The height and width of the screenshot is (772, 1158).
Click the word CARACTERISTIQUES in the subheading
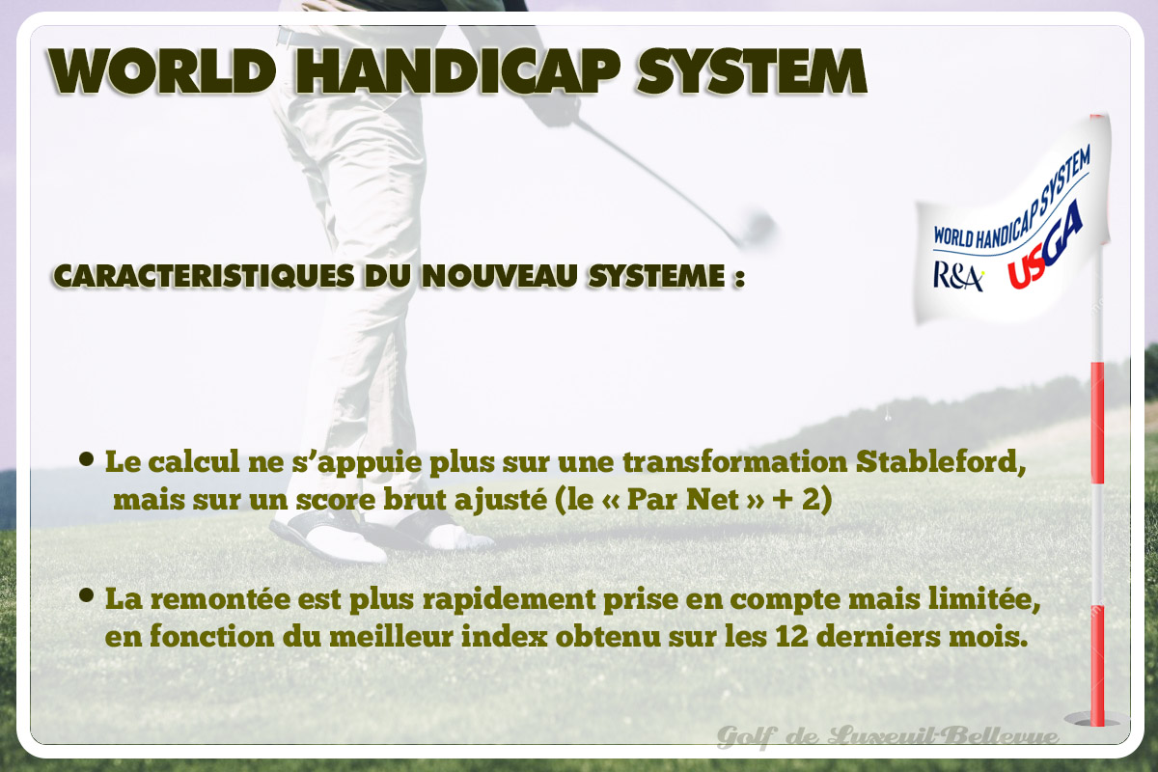(204, 276)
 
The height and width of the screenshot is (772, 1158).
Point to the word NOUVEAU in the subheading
(499, 276)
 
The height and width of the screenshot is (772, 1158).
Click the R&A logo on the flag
(957, 277)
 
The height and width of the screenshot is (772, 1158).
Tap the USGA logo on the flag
(1044, 246)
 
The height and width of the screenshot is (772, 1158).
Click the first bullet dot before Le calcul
(87, 458)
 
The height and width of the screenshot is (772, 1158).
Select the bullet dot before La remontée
(87, 595)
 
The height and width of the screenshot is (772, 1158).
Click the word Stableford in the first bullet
(941, 461)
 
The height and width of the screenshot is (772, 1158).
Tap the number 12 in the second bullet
(792, 637)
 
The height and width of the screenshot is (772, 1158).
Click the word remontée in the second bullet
(220, 599)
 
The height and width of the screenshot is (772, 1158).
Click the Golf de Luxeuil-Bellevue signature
(887, 735)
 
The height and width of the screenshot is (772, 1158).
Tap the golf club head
(758, 227)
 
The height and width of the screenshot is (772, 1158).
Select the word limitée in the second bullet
(983, 599)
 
